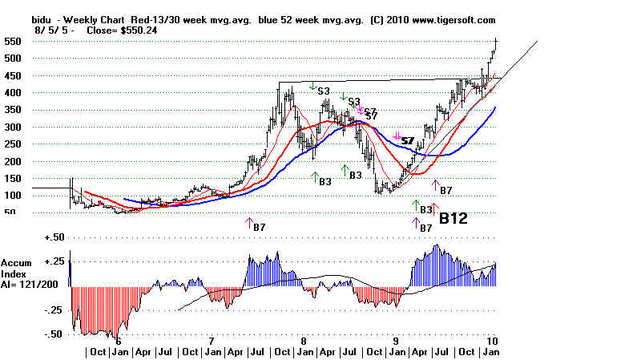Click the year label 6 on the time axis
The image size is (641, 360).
point(118,340)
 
